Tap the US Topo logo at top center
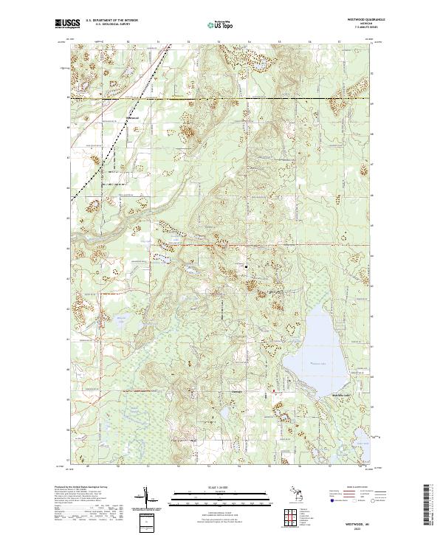[x=219, y=24]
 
